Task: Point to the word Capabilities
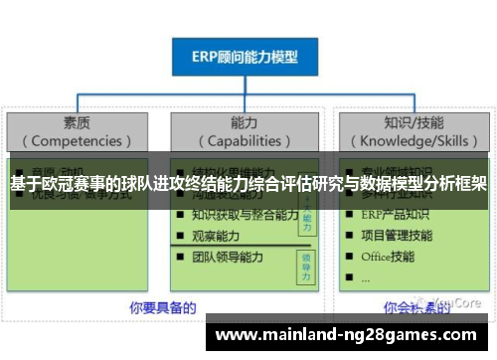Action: click(x=244, y=142)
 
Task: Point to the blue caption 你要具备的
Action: click(x=162, y=305)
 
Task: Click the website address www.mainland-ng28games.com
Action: click(x=346, y=335)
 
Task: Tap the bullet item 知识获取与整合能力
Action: click(x=245, y=215)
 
